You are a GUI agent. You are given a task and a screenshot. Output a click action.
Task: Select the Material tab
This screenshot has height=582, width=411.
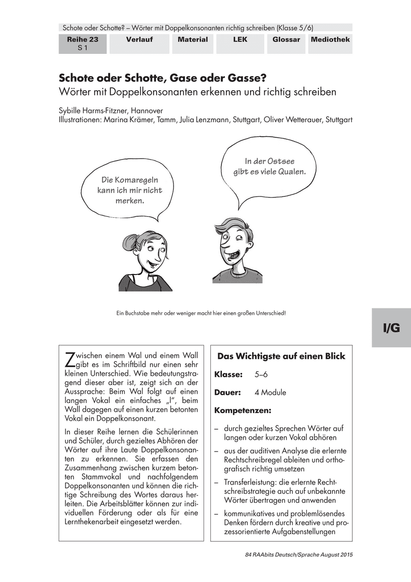click(192, 40)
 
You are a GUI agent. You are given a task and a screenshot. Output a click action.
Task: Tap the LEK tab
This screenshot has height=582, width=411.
click(239, 40)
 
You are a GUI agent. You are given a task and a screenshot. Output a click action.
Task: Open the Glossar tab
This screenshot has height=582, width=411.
click(286, 40)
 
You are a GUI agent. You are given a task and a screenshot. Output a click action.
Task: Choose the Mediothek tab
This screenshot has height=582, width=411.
click(330, 40)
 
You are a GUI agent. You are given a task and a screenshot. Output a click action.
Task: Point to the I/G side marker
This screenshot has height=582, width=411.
click(391, 328)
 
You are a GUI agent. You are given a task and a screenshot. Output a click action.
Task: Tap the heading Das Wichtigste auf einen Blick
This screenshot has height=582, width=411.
click(281, 356)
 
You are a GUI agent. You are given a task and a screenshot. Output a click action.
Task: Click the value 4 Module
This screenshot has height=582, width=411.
click(270, 392)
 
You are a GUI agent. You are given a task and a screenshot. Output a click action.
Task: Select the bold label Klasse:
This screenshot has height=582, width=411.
click(228, 374)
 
